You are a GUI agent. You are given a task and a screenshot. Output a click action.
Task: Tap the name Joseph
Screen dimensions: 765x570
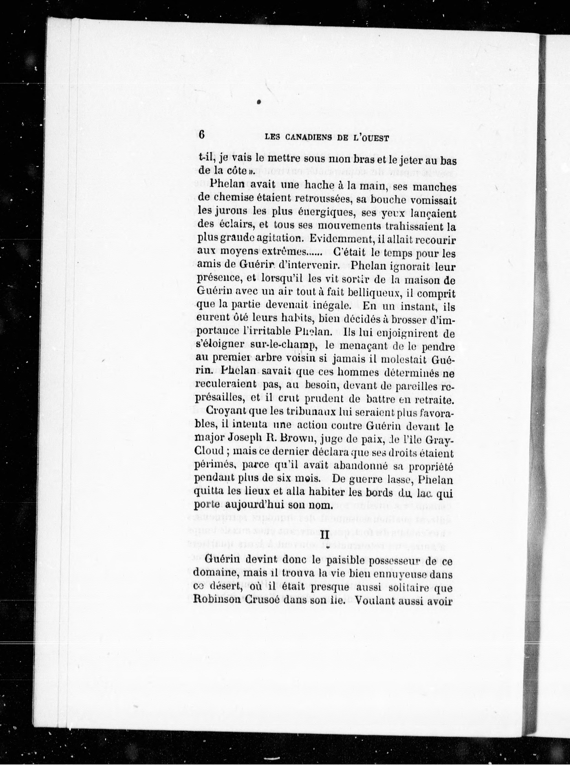pos(247,439)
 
